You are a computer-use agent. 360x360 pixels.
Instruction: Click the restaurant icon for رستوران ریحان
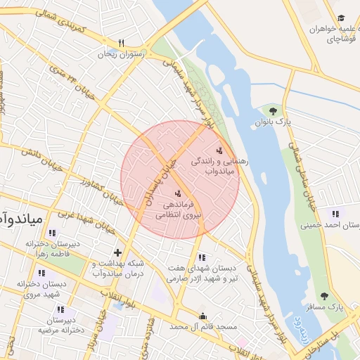tap(121, 42)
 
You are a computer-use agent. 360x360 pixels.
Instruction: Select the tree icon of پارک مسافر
tap(324, 296)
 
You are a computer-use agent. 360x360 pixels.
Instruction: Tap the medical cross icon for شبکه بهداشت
tap(117, 252)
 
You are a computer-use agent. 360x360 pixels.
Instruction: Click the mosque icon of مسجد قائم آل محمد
tap(203, 316)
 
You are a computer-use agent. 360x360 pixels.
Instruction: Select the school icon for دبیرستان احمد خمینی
tap(335, 214)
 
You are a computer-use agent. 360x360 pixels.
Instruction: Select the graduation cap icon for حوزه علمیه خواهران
tap(341, 18)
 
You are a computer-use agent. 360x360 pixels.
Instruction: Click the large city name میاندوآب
tap(21, 219)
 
